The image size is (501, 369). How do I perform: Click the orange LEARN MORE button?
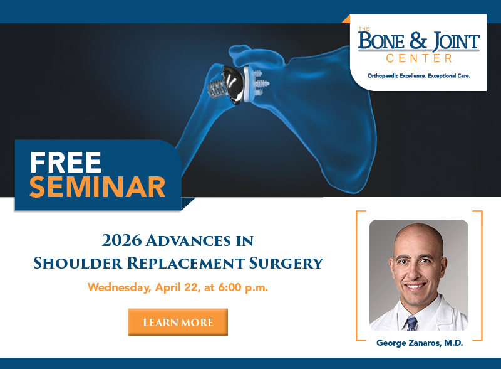178,323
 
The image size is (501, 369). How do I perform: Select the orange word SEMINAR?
97,187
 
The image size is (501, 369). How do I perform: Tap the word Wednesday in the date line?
117,287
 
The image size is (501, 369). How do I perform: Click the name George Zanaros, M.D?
418,343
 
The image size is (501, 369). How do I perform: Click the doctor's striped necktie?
411,323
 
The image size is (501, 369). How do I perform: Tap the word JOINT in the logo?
452,42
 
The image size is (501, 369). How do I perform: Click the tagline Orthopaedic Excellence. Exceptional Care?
418,76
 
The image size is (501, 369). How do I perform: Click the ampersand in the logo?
418,42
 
